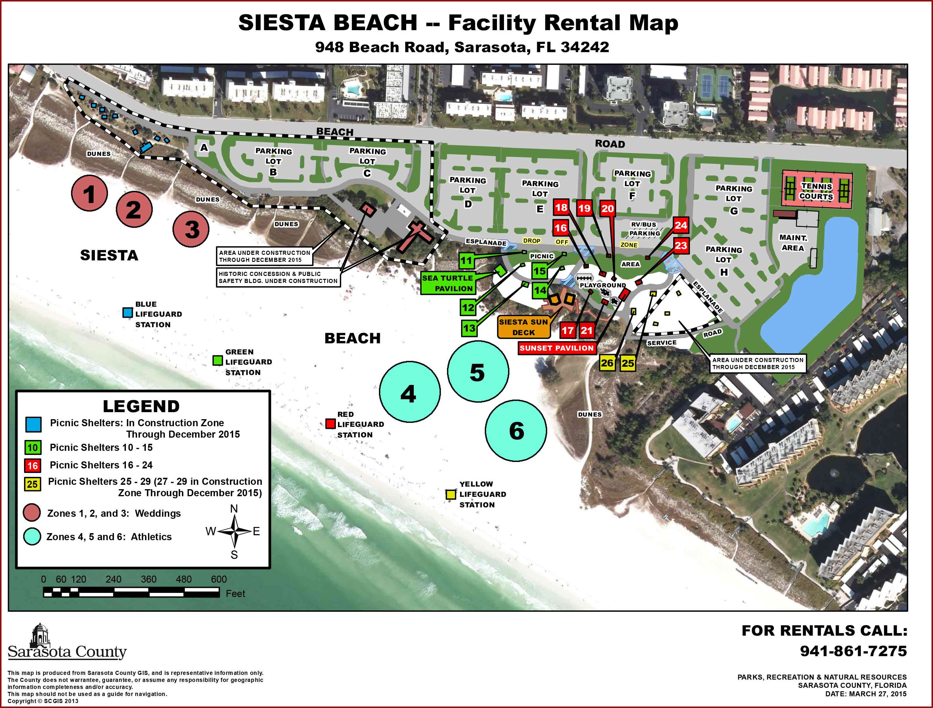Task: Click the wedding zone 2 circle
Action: coord(134,209)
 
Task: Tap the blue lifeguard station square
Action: coord(127,313)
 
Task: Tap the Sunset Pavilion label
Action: coord(556,348)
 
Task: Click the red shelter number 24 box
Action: coord(681,225)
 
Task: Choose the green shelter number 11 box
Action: coord(466,261)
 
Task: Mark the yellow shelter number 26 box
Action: coord(607,363)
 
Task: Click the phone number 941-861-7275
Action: coord(854,651)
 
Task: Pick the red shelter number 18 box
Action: coord(561,207)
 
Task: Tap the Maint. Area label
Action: coord(793,243)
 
